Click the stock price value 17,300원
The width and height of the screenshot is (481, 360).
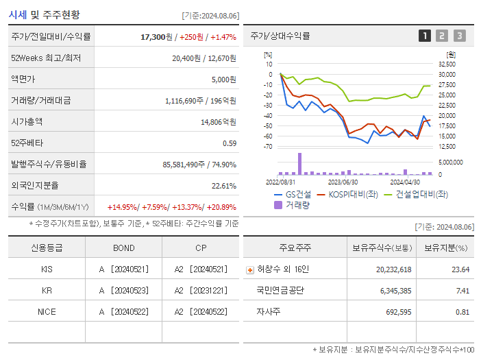[157, 37]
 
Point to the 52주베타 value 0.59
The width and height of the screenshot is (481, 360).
[230, 143]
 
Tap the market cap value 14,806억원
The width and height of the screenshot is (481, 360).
[218, 122]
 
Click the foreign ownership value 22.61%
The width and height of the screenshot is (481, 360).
[224, 186]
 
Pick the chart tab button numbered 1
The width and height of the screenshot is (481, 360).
[425, 36]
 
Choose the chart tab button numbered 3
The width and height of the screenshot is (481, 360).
[459, 36]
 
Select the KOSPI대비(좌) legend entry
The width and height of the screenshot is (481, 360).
[349, 194]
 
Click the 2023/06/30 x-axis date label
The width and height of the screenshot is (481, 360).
[343, 182]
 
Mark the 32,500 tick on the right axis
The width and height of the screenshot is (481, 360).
[446, 64]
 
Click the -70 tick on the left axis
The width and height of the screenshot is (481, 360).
[269, 147]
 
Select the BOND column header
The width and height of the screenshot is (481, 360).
[123, 248]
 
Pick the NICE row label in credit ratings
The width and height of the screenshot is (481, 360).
[47, 312]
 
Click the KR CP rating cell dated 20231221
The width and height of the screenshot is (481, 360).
[200, 291]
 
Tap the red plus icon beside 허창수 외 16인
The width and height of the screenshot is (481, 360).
[249, 269]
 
